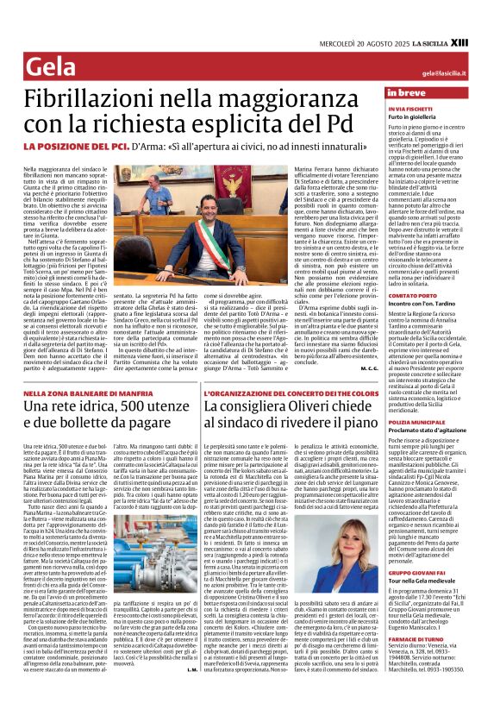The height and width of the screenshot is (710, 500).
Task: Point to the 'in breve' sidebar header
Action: [408, 92]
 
